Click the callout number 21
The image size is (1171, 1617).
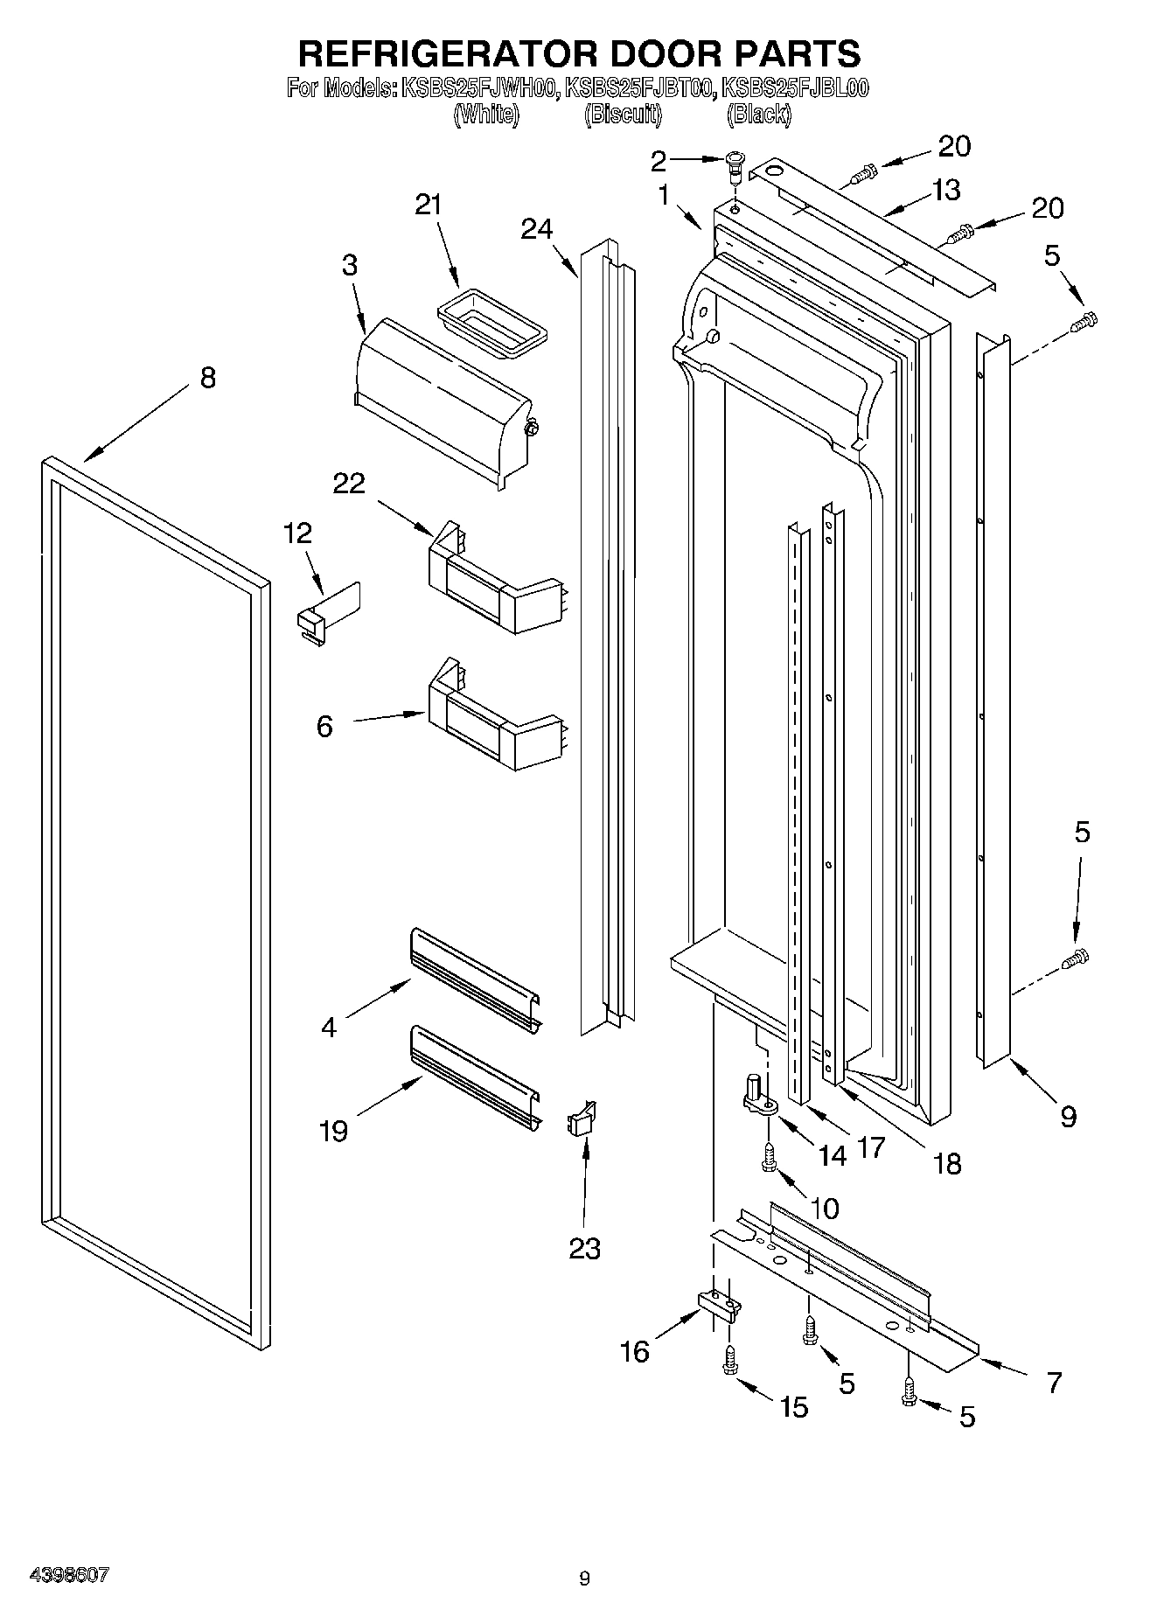click(428, 206)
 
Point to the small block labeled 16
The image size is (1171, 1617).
click(719, 1305)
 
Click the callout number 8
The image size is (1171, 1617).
click(207, 379)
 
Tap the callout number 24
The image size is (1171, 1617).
click(537, 229)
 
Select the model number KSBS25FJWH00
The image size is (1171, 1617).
click(478, 88)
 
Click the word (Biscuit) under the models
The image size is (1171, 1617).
click(623, 114)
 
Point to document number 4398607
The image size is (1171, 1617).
click(69, 1574)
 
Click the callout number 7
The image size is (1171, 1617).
click(1054, 1383)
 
